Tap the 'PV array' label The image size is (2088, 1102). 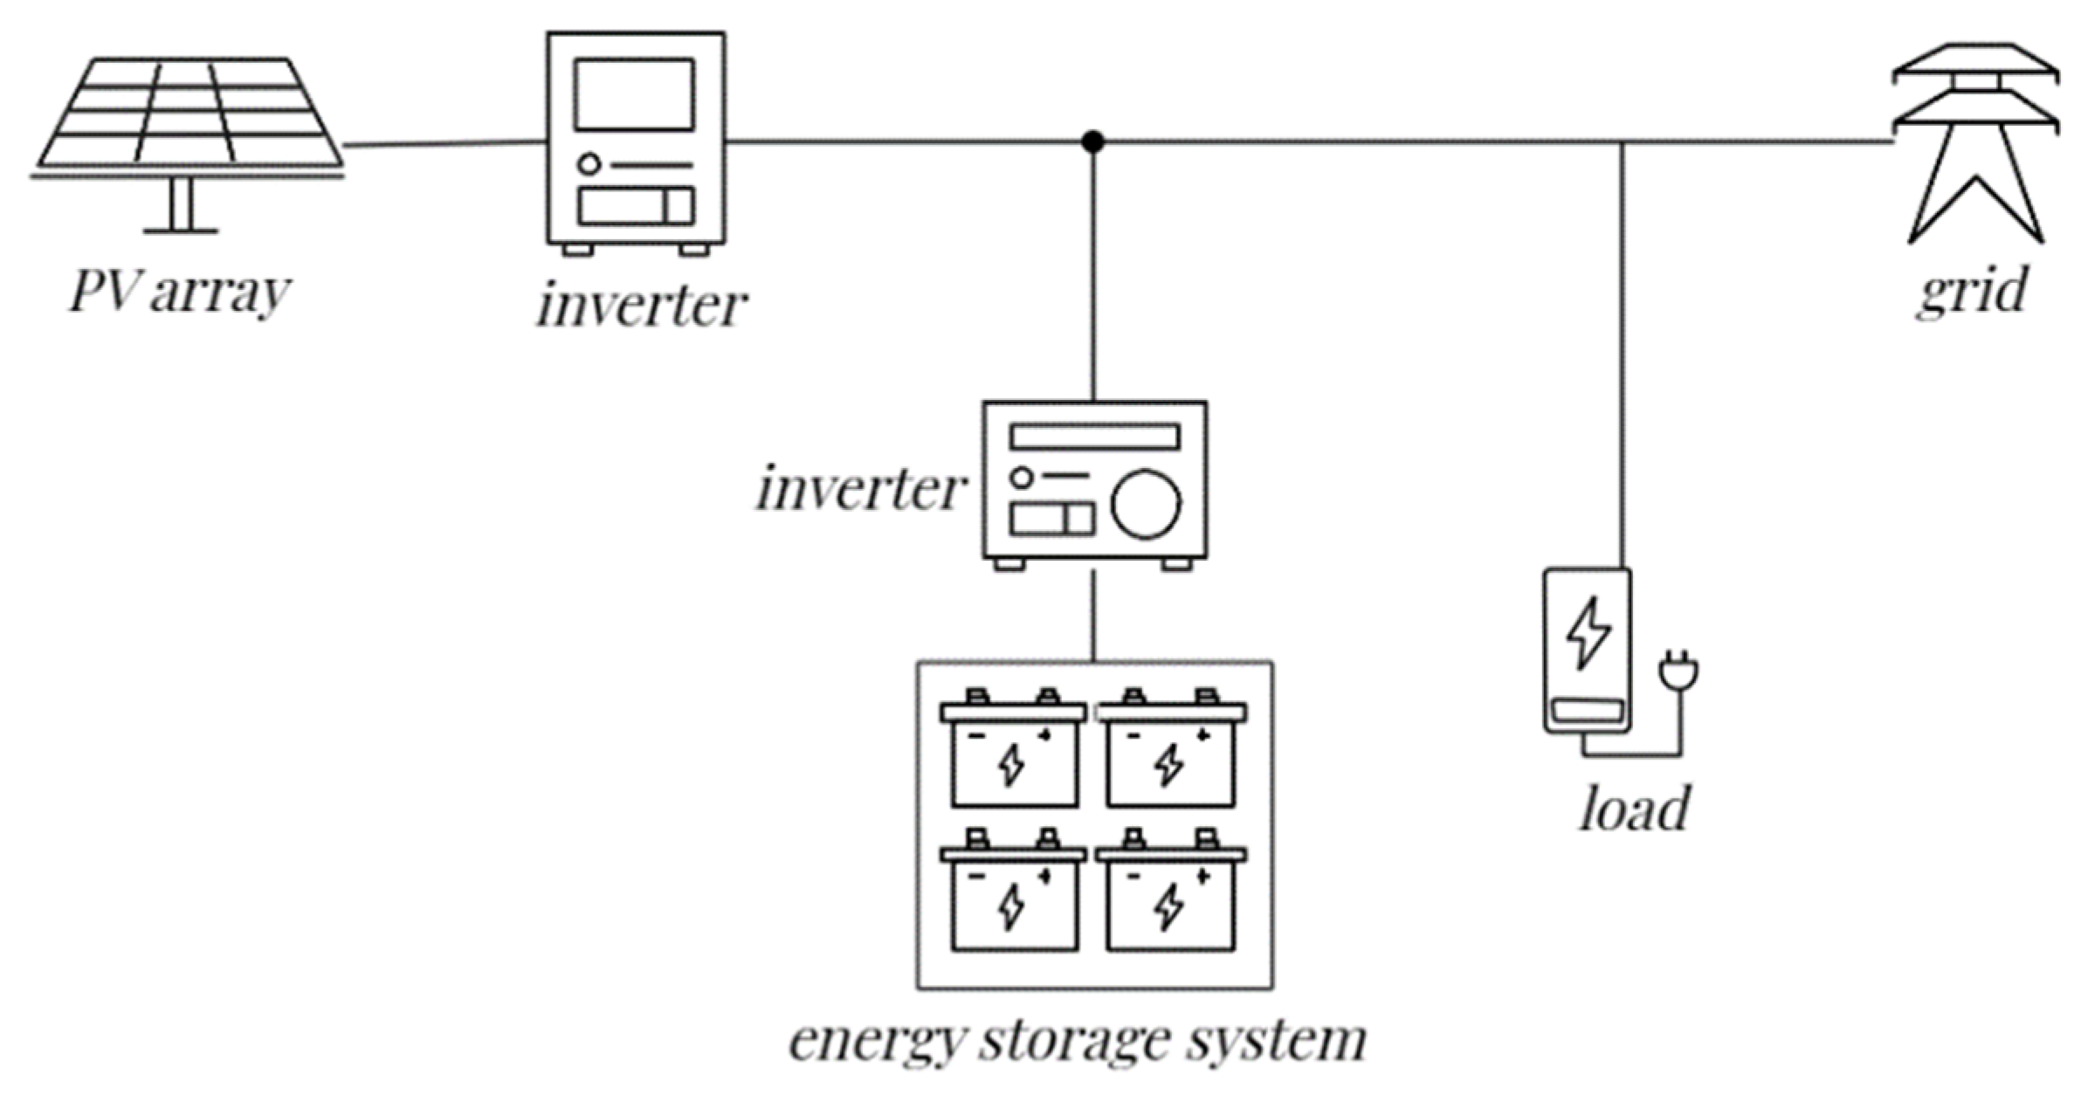coord(179,291)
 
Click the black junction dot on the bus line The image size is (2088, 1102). coord(1092,141)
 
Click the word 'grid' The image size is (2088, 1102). coord(1971,291)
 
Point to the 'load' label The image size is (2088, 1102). coord(1634,808)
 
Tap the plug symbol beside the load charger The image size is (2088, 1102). coord(1678,673)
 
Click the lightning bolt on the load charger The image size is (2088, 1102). coord(1588,632)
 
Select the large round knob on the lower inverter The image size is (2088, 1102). coord(1145,504)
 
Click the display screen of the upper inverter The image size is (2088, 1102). coord(634,94)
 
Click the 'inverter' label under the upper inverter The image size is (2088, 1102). coord(642,306)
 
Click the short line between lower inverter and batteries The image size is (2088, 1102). coord(1092,616)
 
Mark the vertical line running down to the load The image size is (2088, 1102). coord(1622,349)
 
